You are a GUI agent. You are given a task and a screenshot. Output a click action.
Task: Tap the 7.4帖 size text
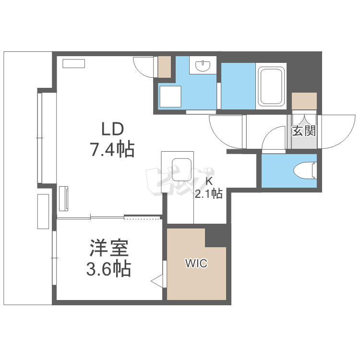click(111, 150)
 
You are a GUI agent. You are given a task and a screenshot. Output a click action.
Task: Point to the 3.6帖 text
click(108, 269)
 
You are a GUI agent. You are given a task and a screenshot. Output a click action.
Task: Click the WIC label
click(196, 264)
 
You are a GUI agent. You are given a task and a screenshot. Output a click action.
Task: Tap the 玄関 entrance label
click(304, 131)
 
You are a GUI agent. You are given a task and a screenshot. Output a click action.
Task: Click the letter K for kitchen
click(209, 181)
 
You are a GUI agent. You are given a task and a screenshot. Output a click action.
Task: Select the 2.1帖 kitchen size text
click(208, 193)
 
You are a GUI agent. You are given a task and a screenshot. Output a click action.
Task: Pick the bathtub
click(272, 86)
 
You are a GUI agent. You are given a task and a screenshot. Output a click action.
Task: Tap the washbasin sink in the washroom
click(204, 65)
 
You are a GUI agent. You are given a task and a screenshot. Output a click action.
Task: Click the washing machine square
click(170, 96)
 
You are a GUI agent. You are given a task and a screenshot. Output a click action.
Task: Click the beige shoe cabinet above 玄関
click(304, 101)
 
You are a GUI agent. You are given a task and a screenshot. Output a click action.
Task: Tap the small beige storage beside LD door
click(164, 67)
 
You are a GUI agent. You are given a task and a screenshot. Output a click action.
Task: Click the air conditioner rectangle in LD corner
click(73, 63)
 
